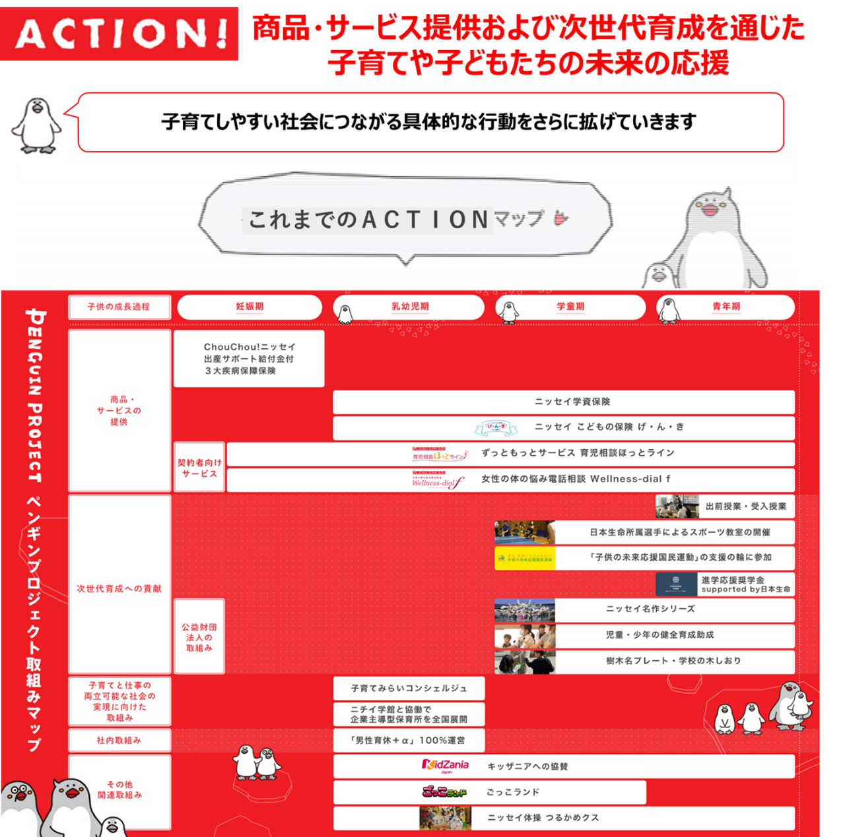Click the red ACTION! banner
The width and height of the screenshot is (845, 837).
coord(119,34)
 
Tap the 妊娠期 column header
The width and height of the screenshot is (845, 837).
coord(250,307)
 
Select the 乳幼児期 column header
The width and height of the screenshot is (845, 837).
coord(410,307)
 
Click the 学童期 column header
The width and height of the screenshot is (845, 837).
coord(570,307)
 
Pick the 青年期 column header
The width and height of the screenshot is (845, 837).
coord(726,307)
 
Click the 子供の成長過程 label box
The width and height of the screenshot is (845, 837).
coord(119,307)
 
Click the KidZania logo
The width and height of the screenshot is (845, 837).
coord(446,766)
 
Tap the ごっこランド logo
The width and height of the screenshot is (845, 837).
coord(444,791)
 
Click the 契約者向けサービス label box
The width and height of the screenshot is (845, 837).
coord(199,468)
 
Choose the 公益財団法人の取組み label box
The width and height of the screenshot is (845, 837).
coord(199,636)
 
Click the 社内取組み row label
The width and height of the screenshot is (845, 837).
coord(119,740)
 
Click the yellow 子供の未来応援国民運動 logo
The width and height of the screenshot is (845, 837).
coord(525,558)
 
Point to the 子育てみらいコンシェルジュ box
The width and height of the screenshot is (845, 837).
coord(409,688)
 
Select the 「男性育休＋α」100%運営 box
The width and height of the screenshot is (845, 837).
coord(409,740)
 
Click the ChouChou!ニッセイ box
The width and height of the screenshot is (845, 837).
coord(249,358)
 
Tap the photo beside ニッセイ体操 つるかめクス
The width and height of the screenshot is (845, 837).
coord(445,818)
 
